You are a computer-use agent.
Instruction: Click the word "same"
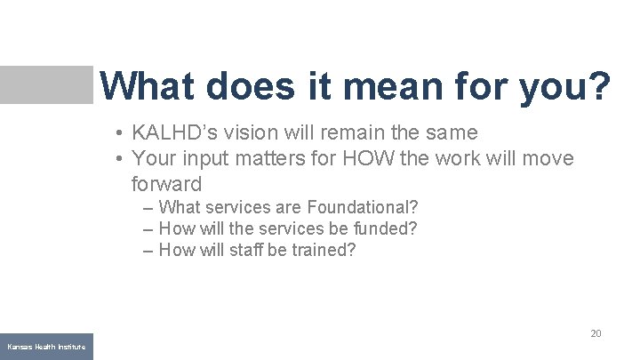point(451,133)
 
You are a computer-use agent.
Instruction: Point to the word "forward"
point(166,185)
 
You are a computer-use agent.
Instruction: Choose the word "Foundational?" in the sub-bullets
point(363,207)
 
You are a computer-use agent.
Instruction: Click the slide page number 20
point(596,333)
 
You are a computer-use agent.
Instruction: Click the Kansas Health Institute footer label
point(46,346)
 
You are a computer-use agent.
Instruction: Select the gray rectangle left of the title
point(46,84)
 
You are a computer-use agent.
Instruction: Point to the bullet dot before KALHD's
point(118,134)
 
